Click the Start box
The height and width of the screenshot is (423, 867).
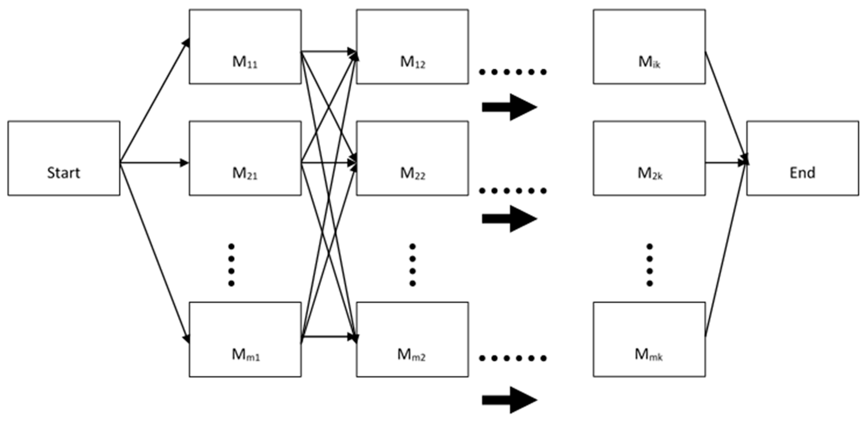coord(64,158)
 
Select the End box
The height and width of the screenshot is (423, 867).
coord(803,158)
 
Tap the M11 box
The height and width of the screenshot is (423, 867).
coord(245,46)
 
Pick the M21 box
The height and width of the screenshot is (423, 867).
coord(245,158)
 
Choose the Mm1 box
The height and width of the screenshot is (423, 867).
coord(245,339)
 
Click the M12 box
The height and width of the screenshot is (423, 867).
coord(412,46)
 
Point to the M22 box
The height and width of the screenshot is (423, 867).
coord(412,158)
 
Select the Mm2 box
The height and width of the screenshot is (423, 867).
coord(412,339)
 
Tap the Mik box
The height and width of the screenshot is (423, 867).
coord(649,46)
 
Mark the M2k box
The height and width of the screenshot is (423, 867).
coord(649,158)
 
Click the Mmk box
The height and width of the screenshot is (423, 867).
coord(649,339)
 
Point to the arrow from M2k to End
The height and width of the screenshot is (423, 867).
coord(725,163)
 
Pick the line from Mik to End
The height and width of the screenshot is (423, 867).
coord(725,106)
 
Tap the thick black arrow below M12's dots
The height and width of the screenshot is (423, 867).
coord(509,107)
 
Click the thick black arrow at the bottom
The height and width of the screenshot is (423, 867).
coord(509,400)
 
